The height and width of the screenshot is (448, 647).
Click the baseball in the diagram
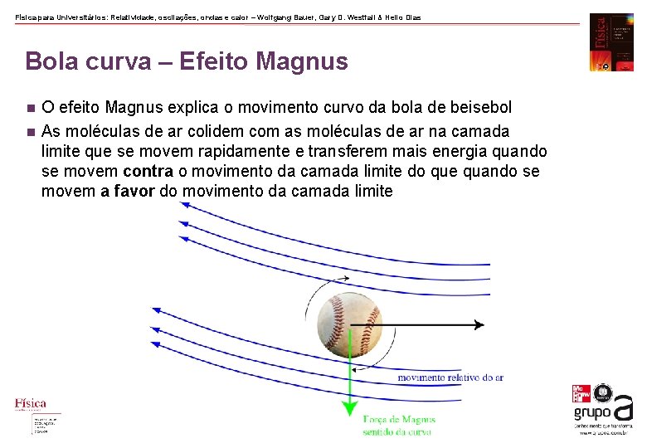350,324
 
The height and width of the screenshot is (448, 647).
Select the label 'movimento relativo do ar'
450,377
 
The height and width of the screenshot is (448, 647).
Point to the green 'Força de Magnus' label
399,420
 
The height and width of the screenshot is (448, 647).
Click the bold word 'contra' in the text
150,171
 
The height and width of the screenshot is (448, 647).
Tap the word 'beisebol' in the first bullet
482,108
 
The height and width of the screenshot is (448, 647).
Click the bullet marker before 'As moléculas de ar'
29,132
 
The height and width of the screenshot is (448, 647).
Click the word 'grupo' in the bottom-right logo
592,412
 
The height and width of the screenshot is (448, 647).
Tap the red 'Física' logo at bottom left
31,404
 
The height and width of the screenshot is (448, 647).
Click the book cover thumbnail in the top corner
611,41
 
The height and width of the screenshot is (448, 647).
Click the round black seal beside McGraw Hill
605,393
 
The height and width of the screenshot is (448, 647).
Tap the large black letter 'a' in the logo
624,408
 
